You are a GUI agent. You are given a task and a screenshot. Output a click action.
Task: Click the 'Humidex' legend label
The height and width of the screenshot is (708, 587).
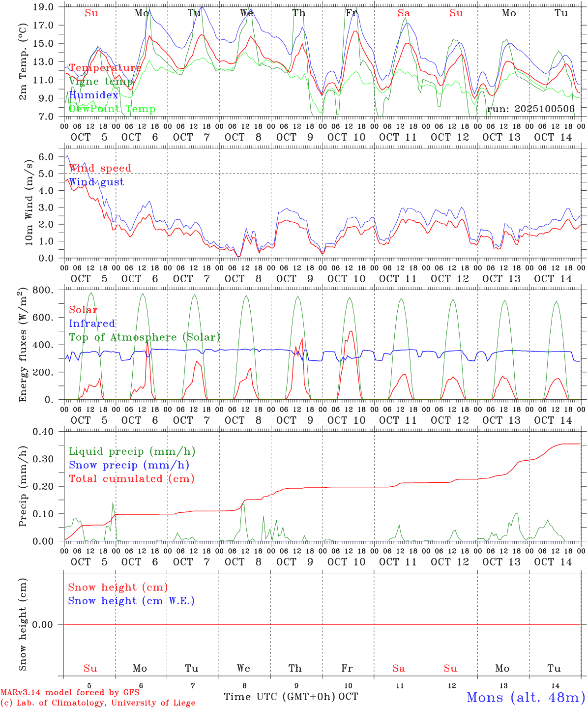point(93,95)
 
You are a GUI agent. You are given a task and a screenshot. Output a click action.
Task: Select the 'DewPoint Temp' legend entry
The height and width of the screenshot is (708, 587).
point(112,109)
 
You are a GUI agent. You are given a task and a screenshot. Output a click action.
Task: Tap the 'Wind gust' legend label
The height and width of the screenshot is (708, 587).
point(96,182)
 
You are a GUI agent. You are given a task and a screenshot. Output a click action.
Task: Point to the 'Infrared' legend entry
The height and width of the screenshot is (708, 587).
point(92,324)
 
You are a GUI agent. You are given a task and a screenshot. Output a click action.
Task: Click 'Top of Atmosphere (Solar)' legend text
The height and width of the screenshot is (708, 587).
point(145,337)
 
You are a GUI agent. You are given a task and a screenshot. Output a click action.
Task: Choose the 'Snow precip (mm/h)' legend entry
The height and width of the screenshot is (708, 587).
point(129,465)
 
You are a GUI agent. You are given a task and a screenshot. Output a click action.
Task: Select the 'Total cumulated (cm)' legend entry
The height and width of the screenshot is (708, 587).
point(131,479)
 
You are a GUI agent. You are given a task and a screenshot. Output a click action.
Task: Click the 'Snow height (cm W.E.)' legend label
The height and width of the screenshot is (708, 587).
point(131,601)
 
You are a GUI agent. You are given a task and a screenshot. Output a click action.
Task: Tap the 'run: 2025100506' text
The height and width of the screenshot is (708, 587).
point(530,109)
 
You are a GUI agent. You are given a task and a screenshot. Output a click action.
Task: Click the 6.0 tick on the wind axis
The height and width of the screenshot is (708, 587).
point(46,157)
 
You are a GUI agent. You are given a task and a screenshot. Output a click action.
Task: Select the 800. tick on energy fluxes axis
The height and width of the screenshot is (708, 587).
point(44,290)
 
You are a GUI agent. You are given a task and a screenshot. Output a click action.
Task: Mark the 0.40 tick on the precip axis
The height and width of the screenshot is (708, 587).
point(44,432)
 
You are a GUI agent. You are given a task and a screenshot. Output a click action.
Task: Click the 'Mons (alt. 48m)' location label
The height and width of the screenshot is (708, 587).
point(526,697)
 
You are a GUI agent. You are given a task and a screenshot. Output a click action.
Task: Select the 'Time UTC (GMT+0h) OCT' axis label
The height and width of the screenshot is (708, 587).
point(291,697)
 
